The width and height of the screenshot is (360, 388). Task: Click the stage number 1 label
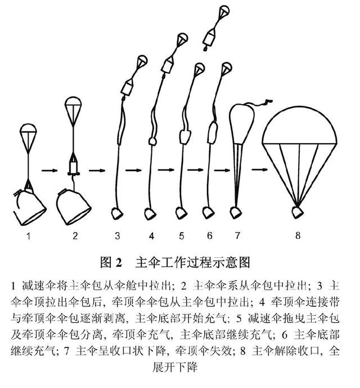pos(29,237)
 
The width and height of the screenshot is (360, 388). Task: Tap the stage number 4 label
pos(151,236)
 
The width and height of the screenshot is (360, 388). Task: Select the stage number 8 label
pos(298,235)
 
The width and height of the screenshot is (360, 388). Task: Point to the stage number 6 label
pos(210,235)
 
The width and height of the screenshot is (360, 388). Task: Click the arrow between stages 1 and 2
pos(49,170)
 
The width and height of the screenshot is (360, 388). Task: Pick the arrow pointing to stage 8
pos(260,170)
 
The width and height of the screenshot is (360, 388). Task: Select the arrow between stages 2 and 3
pos(97,170)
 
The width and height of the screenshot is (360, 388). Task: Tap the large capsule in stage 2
pos(74,207)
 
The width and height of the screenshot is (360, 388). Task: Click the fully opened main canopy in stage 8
pos(299,126)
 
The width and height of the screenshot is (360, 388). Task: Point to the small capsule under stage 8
pos(298,212)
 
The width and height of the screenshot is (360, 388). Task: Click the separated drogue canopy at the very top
pos(224,10)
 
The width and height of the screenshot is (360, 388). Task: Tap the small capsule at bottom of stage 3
pos(116,214)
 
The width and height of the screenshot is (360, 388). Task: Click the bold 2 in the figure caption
pos(119,263)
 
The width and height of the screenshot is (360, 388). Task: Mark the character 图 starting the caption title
pos(106,262)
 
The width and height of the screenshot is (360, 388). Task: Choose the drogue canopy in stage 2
pos(73,101)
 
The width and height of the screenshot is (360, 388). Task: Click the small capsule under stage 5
pos(181,213)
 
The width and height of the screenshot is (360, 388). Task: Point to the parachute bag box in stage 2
pos(73,168)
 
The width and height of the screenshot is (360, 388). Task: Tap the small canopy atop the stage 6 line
pos(227,68)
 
